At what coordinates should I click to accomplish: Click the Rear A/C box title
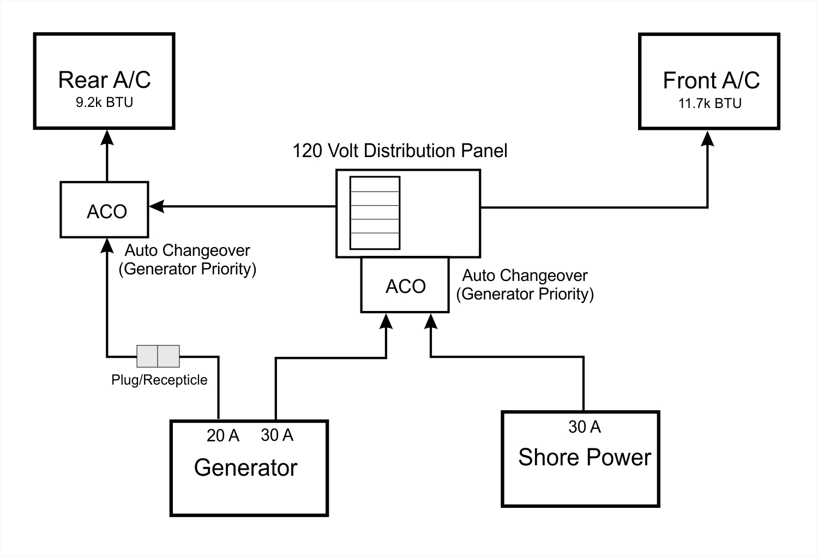(x=104, y=80)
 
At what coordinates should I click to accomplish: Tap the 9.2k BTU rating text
(x=104, y=103)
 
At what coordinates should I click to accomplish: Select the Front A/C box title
(x=711, y=80)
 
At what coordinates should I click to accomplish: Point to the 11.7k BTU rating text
(x=709, y=103)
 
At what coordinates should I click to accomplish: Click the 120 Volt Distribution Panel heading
(x=400, y=151)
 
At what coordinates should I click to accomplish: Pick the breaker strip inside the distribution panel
(x=375, y=213)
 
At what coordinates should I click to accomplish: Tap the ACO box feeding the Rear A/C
(x=104, y=210)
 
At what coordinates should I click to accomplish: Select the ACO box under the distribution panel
(x=405, y=285)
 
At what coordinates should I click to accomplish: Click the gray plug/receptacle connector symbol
(x=158, y=356)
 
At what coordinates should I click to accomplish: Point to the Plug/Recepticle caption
(x=159, y=380)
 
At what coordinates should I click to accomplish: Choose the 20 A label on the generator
(x=222, y=435)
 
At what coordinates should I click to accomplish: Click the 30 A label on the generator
(x=277, y=435)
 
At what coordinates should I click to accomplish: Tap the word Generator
(x=245, y=468)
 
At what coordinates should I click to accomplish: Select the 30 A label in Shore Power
(x=584, y=427)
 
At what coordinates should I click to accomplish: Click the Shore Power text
(x=584, y=457)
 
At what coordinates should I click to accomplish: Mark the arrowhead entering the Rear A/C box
(x=106, y=136)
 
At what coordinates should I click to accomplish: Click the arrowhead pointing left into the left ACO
(x=157, y=206)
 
